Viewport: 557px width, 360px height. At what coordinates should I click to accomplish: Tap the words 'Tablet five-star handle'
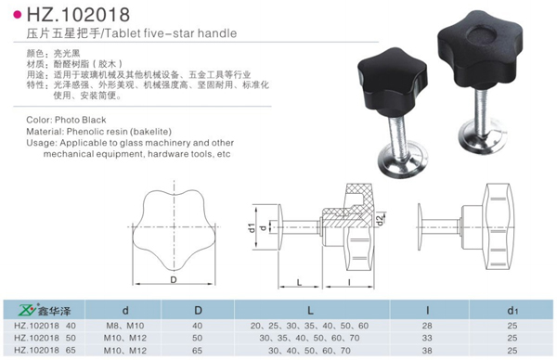point(176,34)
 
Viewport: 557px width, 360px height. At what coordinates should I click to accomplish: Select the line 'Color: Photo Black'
point(68,120)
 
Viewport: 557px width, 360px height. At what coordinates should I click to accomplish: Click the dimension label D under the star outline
point(172,279)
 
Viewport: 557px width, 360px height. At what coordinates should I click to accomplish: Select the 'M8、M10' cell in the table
point(123,325)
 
